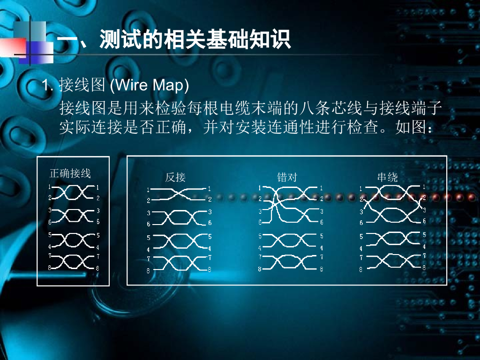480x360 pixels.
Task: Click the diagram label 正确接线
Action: (x=70, y=173)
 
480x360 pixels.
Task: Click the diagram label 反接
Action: (x=175, y=177)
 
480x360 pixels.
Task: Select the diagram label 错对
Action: (x=287, y=177)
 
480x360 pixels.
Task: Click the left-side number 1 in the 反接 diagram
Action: (x=148, y=190)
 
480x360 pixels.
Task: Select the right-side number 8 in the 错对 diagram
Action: (x=322, y=269)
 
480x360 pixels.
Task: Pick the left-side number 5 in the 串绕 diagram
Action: (x=361, y=237)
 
